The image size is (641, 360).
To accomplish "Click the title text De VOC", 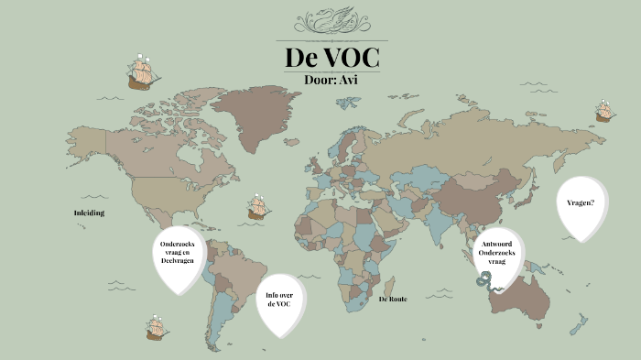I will (331, 57).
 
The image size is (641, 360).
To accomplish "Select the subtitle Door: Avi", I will (331, 79).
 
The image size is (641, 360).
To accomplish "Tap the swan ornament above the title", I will (331, 20).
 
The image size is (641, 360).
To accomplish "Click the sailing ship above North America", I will (140, 71).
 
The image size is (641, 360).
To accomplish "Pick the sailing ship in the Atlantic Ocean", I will (258, 206).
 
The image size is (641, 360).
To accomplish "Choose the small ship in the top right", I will (603, 111).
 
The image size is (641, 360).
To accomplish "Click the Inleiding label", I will (89, 213).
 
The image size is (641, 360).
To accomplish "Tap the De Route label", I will (392, 299).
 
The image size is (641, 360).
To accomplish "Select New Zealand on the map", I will (577, 323).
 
